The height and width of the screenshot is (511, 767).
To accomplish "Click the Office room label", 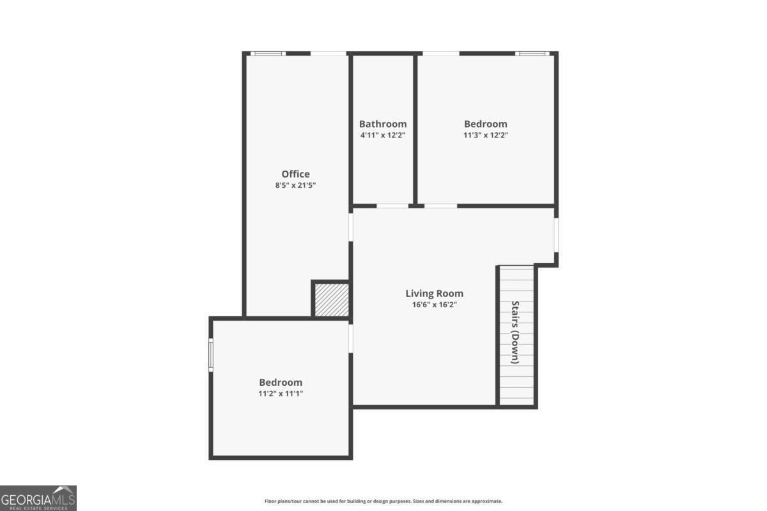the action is (295, 174).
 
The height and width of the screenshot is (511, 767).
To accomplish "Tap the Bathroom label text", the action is (383, 124).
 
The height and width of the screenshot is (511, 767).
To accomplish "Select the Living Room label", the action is (434, 294).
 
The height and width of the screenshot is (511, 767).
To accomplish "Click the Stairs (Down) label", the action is (515, 332).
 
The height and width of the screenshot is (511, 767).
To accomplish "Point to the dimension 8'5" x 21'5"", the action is (295, 185).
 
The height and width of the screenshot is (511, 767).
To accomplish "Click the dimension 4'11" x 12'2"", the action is (383, 135).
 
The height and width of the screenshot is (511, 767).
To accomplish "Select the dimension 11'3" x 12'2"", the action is (486, 135).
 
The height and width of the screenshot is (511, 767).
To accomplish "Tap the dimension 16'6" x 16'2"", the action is (434, 305).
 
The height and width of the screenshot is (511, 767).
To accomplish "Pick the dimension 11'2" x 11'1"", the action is (281, 393).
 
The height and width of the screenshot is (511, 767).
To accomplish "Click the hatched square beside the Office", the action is (332, 300).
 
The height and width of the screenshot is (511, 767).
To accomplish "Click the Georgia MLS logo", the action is (38, 498).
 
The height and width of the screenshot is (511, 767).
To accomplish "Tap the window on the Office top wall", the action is (268, 54).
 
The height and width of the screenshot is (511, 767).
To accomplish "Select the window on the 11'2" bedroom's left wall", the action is (211, 355).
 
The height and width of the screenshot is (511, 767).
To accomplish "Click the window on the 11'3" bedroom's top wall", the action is (532, 54).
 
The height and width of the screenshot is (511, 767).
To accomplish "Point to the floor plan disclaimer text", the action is (383, 501).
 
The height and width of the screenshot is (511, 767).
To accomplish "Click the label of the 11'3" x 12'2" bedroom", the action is (486, 124).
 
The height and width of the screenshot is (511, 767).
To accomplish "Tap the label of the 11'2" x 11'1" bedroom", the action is (281, 383).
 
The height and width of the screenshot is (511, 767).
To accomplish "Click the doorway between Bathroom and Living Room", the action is (392, 206).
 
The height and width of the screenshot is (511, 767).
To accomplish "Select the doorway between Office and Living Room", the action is (351, 227).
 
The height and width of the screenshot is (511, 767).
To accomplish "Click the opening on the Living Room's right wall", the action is (556, 235).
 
